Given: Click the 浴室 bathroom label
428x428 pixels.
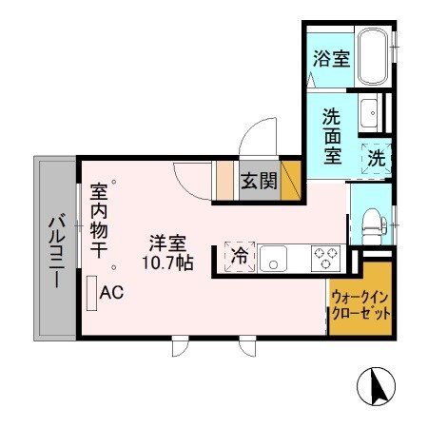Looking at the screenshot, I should click(x=332, y=58).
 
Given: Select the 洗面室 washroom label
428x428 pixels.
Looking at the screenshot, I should click(x=332, y=137).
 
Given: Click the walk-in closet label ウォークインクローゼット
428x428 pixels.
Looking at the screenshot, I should click(x=360, y=305).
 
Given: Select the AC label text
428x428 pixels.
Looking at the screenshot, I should click(x=111, y=293).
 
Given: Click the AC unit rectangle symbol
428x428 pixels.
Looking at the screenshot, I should click(x=91, y=293).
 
